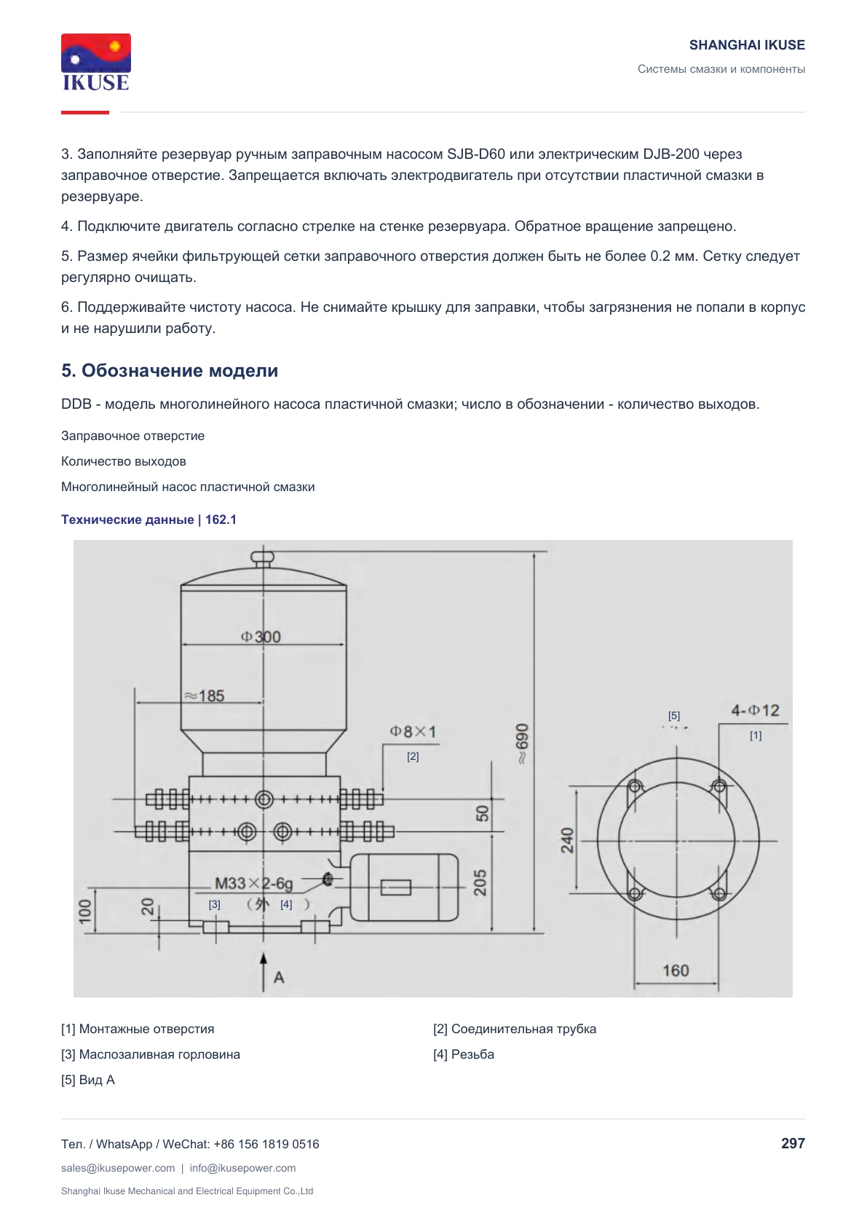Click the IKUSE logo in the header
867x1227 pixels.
(96, 62)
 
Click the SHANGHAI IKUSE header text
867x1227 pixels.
(747, 45)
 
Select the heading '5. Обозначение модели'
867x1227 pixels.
(170, 370)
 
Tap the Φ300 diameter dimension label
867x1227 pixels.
(261, 637)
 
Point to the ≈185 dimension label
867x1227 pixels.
(204, 696)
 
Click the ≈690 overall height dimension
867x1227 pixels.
(522, 743)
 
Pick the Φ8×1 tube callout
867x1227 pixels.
(413, 732)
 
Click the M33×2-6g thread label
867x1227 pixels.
(253, 883)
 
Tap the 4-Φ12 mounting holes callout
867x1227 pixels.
(755, 710)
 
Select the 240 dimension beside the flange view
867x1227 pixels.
(567, 840)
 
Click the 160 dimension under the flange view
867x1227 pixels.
(676, 971)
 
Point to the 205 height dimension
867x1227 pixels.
(480, 882)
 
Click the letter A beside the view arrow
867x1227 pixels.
(279, 977)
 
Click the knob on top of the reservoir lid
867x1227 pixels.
(262, 557)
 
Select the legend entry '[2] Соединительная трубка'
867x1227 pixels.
(515, 1029)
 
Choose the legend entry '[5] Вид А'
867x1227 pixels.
(88, 1080)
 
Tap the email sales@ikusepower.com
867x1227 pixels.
(118, 1168)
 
